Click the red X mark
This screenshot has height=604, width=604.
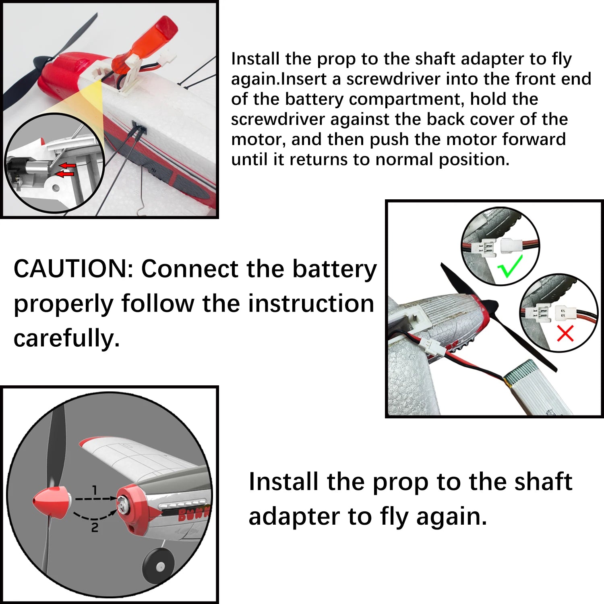[x=565, y=333]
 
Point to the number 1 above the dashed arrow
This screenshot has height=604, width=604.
[x=95, y=490]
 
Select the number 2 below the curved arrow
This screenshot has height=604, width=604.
[x=95, y=527]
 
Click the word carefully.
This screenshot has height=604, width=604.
[x=67, y=338]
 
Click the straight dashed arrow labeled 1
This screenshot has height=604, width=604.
[x=95, y=499]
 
